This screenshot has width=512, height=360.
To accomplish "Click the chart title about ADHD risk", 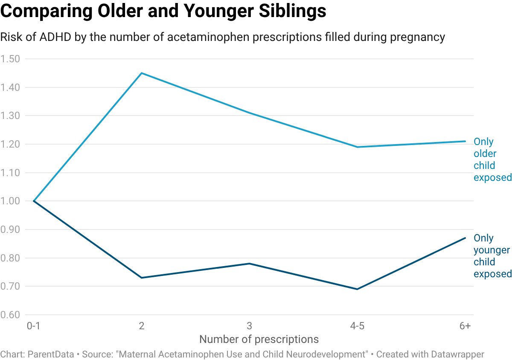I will pos(222,38).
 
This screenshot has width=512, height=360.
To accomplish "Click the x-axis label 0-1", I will pos(33,326).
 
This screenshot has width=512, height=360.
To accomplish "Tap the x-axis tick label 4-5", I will pos(358,326).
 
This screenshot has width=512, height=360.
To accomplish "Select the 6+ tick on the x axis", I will pos(465,326).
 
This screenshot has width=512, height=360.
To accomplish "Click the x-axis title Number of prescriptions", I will pos(259,340).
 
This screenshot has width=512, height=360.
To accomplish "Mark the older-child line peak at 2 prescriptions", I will pos(142,73).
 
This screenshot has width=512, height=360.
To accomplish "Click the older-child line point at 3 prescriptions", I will pos(250,113).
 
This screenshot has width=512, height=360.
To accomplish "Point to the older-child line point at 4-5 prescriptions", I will pos(358,147).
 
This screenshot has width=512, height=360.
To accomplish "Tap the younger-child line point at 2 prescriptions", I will pos(142,278).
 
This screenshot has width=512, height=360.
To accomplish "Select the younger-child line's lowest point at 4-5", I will pos(358,289).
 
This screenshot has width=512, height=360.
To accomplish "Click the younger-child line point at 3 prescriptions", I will pos(250,264).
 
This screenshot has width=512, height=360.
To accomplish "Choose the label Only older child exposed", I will pos(492,160).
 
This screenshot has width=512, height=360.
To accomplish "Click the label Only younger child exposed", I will pos(492,256).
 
